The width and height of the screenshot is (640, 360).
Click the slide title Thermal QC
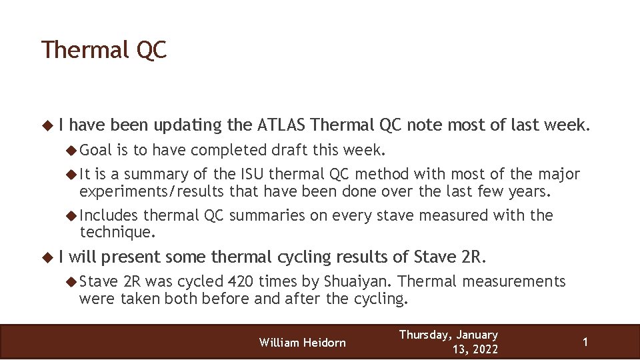coord(103,51)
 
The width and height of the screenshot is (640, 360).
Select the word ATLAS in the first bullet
coord(280,125)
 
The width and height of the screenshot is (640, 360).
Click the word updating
coord(189,125)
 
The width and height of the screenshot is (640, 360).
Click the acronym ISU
coord(251,175)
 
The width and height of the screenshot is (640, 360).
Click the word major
coord(559,175)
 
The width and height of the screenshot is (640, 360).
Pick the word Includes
coord(109,215)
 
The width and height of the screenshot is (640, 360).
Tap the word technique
coord(117,231)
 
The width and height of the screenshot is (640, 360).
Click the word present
coord(131,257)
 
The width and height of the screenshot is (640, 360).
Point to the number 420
coord(241,282)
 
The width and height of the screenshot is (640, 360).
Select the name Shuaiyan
coord(361,282)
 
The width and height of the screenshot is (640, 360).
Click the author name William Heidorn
coord(303,343)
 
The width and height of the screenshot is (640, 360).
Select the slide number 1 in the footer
coord(585,342)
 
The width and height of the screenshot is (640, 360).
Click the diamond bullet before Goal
coord(72,149)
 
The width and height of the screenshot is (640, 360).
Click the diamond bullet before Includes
coord(72,215)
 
